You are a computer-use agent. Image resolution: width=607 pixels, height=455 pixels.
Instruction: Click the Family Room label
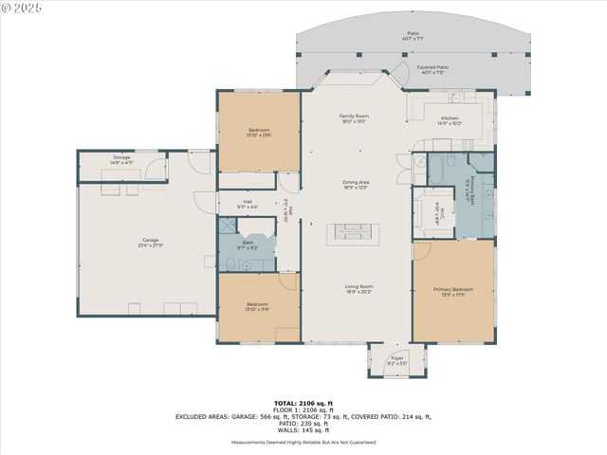click(354, 118)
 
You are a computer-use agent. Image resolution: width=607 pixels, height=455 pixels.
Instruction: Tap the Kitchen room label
click(450, 120)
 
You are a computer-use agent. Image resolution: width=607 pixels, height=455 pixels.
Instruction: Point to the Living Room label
click(359, 288)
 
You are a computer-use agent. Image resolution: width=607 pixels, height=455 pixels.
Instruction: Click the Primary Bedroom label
click(453, 292)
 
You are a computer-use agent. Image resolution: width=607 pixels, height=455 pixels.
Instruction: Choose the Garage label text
click(151, 243)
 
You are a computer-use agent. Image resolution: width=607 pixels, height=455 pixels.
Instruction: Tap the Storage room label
click(121, 160)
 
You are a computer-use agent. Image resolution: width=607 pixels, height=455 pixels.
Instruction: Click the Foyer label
click(397, 361)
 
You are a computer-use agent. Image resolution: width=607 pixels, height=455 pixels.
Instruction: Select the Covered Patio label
click(434, 69)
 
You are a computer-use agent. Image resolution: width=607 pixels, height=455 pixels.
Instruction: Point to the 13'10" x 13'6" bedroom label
click(259, 133)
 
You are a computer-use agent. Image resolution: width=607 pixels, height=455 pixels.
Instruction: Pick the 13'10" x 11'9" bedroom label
click(258, 306)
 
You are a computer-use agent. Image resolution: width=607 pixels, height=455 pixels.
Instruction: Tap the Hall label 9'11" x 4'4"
click(248, 204)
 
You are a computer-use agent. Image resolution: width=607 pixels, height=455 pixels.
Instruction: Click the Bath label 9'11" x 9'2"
click(248, 245)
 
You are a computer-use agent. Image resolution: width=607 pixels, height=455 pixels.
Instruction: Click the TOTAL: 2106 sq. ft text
click(303, 403)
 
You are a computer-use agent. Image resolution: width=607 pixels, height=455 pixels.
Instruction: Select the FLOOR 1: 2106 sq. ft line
click(303, 409)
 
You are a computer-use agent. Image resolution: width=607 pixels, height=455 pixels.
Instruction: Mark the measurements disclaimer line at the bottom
click(303, 442)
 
